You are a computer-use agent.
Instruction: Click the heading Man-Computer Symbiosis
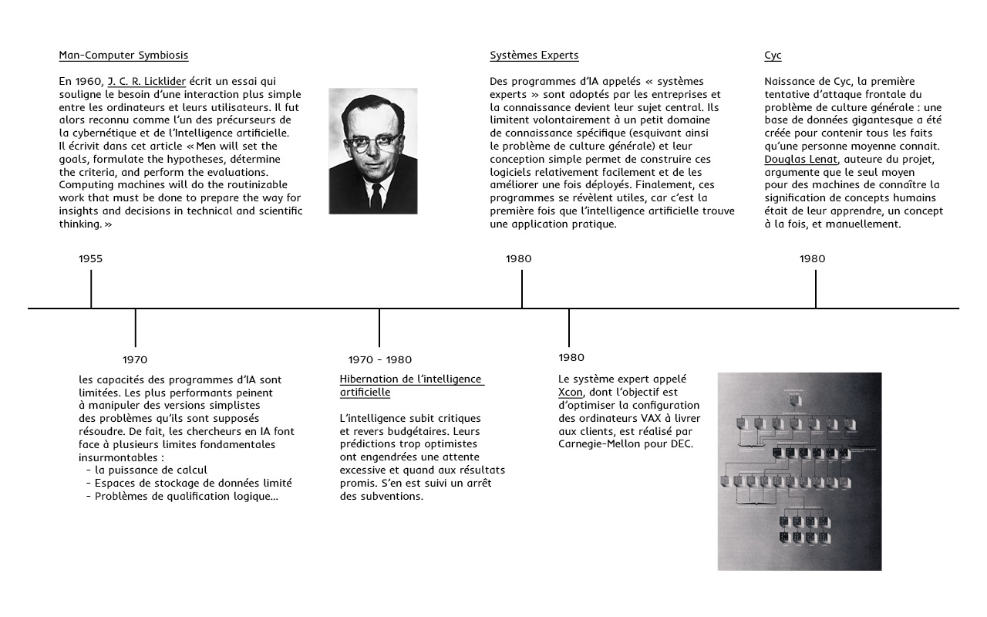pos(123,56)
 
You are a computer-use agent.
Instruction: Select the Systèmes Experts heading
pos(534,56)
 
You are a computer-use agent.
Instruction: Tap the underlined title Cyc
pos(773,56)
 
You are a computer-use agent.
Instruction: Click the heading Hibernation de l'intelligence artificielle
pos(411,386)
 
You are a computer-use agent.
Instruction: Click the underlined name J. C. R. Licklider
pos(147,81)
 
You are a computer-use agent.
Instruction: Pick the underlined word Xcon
pos(570,392)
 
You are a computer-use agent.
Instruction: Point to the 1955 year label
pos(90,259)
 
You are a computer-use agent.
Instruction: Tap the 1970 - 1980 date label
pos(379,360)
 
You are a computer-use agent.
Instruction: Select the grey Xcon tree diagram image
pos(799,471)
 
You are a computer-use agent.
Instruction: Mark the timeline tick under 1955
pos(91,289)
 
